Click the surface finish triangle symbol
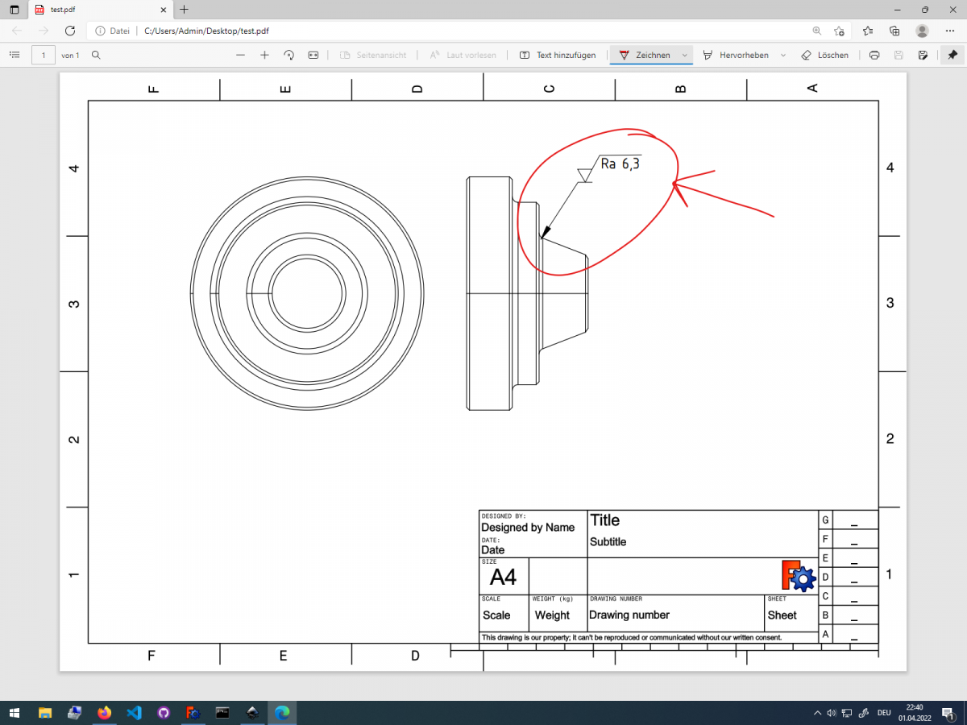[x=585, y=175]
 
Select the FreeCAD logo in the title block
[x=799, y=576]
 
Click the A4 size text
[x=504, y=577]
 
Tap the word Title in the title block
[x=605, y=520]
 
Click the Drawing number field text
[x=629, y=615]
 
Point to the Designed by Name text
[x=528, y=528]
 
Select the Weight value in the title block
[x=552, y=615]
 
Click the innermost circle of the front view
[x=306, y=293]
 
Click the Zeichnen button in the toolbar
[x=644, y=55]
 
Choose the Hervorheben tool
[x=736, y=55]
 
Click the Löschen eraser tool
[x=824, y=55]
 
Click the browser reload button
[x=70, y=31]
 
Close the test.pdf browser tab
[x=164, y=10]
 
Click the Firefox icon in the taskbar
[x=104, y=713]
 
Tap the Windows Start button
[x=15, y=713]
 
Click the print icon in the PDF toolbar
[x=874, y=55]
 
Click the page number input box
[x=43, y=55]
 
